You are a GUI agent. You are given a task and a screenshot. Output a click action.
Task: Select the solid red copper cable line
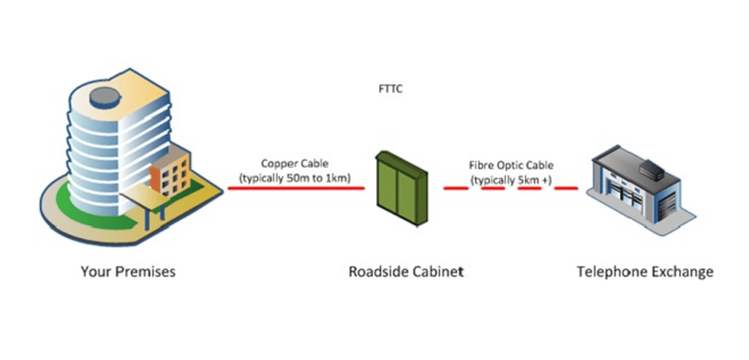coord(296,188)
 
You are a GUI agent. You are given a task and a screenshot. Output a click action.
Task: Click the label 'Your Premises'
coord(127,272)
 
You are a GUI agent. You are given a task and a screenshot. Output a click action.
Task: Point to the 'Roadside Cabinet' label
coord(405,272)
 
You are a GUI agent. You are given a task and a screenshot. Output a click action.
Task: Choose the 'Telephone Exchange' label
coord(644,272)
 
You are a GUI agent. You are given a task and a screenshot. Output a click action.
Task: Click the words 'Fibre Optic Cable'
coord(511,165)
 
